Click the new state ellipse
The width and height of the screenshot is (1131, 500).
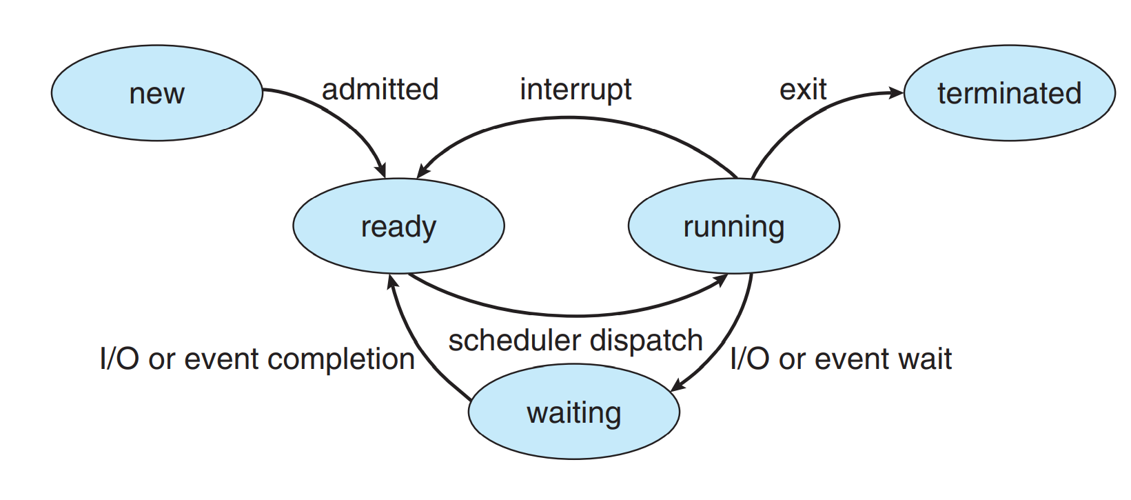(157, 93)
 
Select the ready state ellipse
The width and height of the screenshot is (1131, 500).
(398, 226)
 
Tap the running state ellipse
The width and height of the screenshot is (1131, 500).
(733, 226)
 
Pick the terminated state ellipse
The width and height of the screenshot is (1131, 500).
(1009, 93)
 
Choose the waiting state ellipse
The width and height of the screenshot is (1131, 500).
(574, 412)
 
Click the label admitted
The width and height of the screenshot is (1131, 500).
(380, 90)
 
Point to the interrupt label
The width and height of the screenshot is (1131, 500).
(575, 90)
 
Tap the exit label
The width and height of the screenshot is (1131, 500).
(803, 90)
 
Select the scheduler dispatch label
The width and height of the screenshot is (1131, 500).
(575, 341)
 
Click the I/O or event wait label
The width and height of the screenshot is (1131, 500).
(841, 359)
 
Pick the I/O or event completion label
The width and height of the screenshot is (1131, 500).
(258, 359)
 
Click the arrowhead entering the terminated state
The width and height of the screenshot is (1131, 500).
(896, 92)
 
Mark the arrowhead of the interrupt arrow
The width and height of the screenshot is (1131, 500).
(423, 171)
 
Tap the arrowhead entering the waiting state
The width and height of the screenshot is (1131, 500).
(677, 385)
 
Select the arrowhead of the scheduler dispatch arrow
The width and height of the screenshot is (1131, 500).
(720, 280)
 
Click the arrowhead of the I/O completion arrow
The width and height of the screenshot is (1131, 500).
(392, 282)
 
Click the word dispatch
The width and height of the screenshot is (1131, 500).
(646, 341)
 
